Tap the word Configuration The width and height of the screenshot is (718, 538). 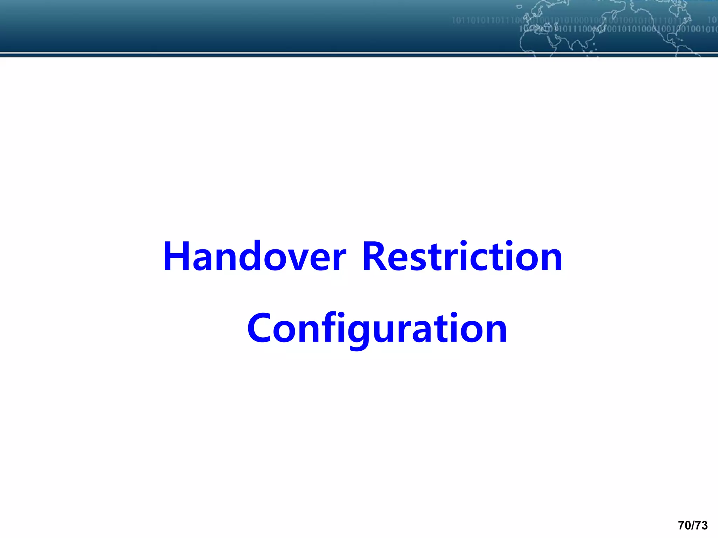tap(377, 329)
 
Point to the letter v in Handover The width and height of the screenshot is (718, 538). tap(301, 261)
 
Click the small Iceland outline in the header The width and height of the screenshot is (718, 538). tap(519, 6)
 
